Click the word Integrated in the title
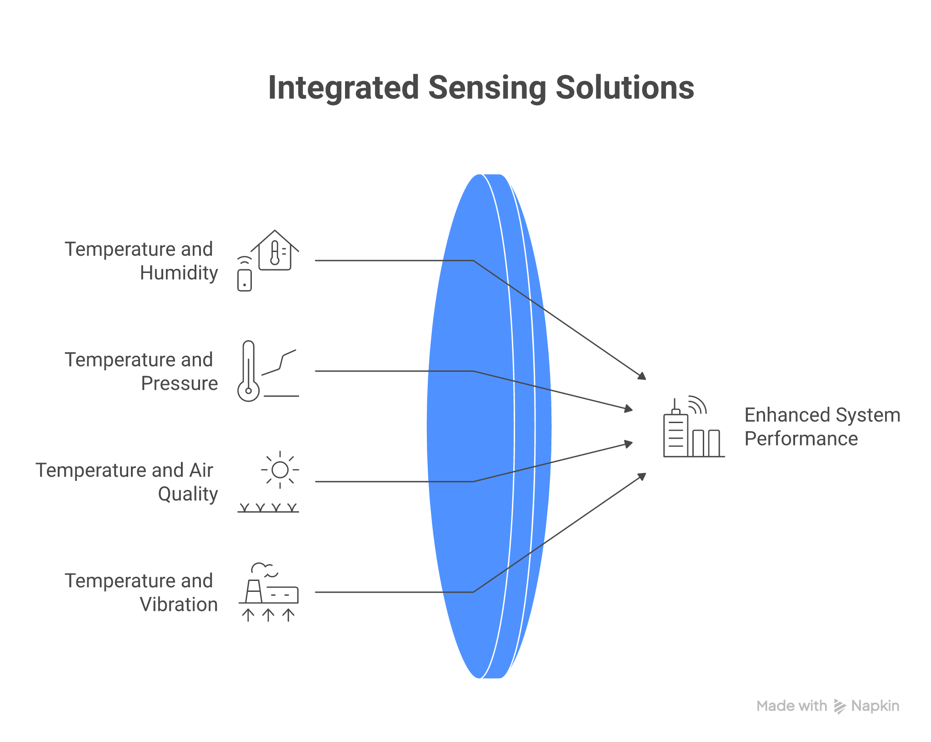(343, 87)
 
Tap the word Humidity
(179, 273)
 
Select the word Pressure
(180, 384)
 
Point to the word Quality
(188, 494)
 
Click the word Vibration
(179, 605)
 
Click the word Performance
(801, 439)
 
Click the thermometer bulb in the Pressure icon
(248, 390)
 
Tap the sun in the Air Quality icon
(280, 470)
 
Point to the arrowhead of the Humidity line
(642, 376)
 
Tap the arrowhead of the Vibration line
(642, 476)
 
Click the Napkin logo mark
(839, 706)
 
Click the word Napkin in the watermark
(875, 706)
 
